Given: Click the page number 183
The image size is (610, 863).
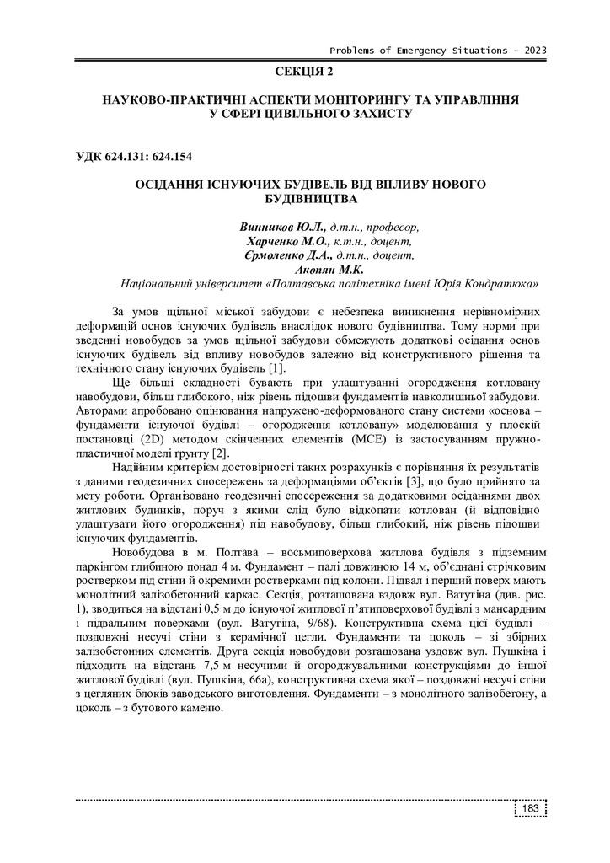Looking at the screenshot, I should point(530,810).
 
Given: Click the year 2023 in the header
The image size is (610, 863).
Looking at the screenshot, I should point(535,50).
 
